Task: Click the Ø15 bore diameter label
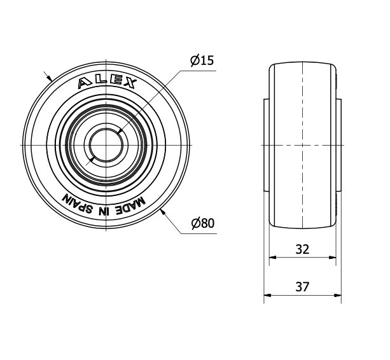pos(202,60)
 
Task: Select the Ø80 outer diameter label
pos(203,223)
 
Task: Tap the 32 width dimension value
pos(302,249)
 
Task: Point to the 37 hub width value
pos(302,287)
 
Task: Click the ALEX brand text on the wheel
pos(107,83)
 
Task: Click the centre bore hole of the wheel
pos(106,146)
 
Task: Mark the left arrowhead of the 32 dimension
pos(272,258)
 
